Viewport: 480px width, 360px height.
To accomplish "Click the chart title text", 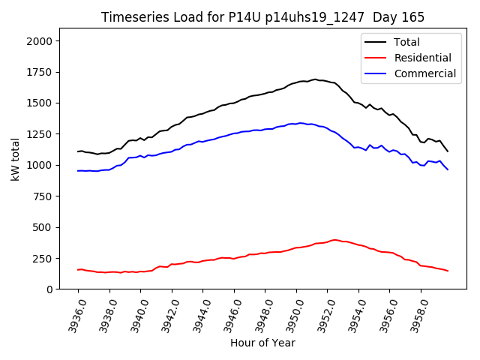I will [262, 17].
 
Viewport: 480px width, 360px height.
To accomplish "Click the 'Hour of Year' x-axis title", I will [262, 343].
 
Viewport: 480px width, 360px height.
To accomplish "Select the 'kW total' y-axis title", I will [15, 159].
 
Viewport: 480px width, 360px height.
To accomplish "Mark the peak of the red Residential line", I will [335, 240].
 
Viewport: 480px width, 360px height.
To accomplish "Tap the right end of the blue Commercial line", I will [448, 169].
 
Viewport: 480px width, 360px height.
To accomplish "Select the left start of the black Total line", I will [78, 151].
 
